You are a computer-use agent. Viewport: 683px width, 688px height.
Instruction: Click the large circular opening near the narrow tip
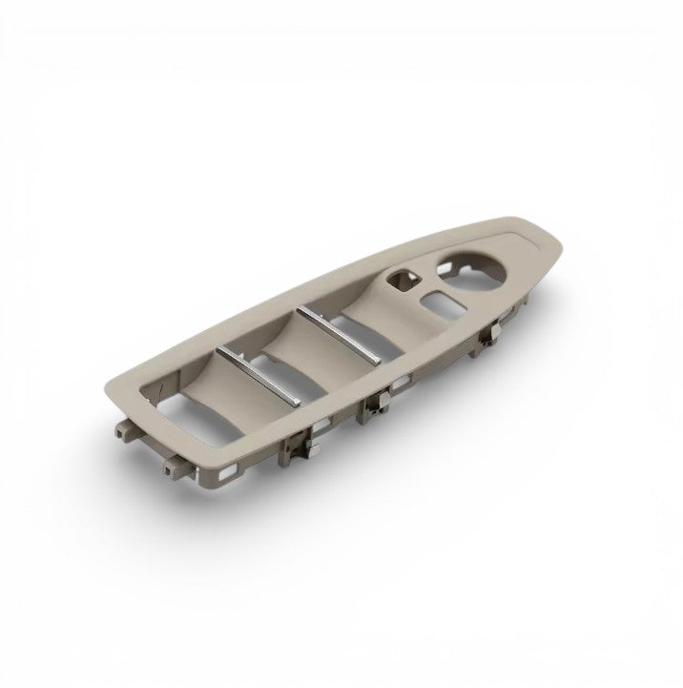point(471,270)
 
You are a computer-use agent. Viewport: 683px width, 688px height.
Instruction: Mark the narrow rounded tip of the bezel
point(542,235)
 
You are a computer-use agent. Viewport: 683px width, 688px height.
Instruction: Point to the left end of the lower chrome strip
point(220,351)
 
